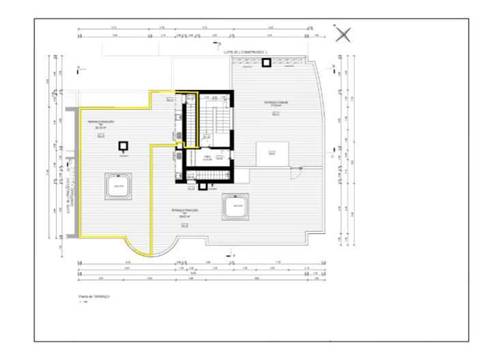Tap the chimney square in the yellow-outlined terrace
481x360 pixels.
(123, 146)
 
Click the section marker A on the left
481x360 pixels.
(80, 67)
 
